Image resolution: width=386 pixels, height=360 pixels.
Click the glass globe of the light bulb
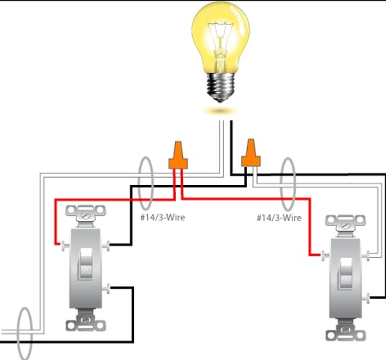223,36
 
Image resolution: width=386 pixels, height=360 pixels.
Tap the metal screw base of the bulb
223,88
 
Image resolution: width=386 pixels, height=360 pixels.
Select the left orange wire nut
176,156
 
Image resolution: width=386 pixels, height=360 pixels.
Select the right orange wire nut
251,152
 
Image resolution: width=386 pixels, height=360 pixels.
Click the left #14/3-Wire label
162,217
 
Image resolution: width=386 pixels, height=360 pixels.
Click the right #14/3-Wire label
279,217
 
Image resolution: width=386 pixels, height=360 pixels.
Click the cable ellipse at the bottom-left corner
25,333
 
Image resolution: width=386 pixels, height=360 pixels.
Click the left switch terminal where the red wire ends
65,246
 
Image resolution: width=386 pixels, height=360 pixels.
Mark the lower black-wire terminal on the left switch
108,289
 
